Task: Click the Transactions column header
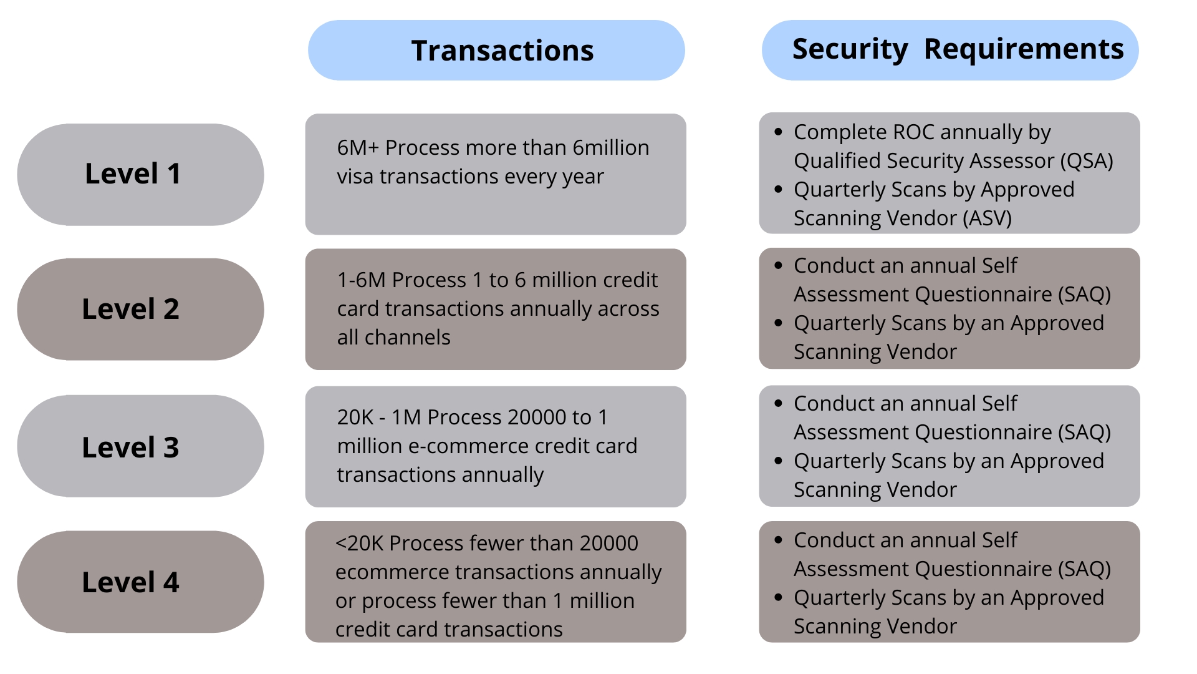tap(502, 51)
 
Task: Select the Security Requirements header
tap(958, 49)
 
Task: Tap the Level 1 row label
tap(133, 173)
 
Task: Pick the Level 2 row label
tap(131, 309)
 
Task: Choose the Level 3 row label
tap(131, 447)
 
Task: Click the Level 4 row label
tap(131, 582)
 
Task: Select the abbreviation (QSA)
tap(1087, 161)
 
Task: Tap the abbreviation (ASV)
tap(986, 218)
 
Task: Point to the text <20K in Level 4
tap(359, 544)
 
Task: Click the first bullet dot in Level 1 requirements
tap(778, 132)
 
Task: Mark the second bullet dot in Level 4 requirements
tap(778, 598)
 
